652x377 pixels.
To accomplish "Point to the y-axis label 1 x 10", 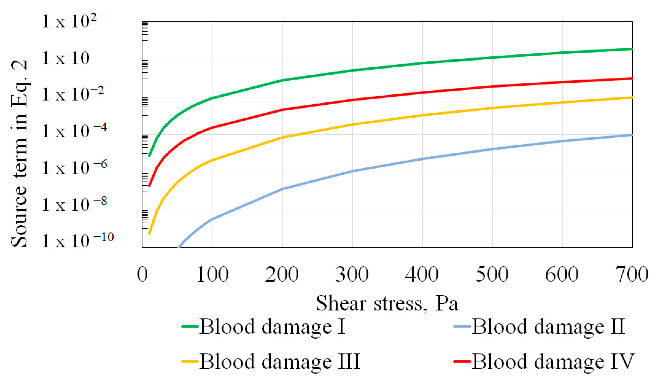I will (x=65, y=58).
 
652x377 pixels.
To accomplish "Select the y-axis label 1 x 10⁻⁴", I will (x=74, y=131).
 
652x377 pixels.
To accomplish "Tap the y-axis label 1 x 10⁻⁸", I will (x=74, y=205).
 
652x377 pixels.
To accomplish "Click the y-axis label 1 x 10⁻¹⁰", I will (x=77, y=241).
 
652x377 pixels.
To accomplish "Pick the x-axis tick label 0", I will (x=142, y=274).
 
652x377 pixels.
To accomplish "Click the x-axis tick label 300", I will (x=352, y=274).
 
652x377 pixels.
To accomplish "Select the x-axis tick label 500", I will (x=492, y=274).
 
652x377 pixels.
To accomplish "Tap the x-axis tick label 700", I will (x=632, y=274).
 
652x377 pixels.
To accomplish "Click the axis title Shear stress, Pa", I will (x=387, y=303).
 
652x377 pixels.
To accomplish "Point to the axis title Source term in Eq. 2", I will (x=19, y=153).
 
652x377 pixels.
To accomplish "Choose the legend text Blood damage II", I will (x=548, y=327).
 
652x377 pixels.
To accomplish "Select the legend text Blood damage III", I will (x=280, y=361).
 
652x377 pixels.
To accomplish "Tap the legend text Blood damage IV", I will (x=553, y=361).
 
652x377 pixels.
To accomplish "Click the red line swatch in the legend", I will (x=462, y=361).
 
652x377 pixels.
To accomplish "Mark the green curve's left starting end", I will (x=149, y=156).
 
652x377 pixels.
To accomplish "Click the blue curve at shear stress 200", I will (x=282, y=189).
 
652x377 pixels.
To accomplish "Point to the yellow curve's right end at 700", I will (x=632, y=98).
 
